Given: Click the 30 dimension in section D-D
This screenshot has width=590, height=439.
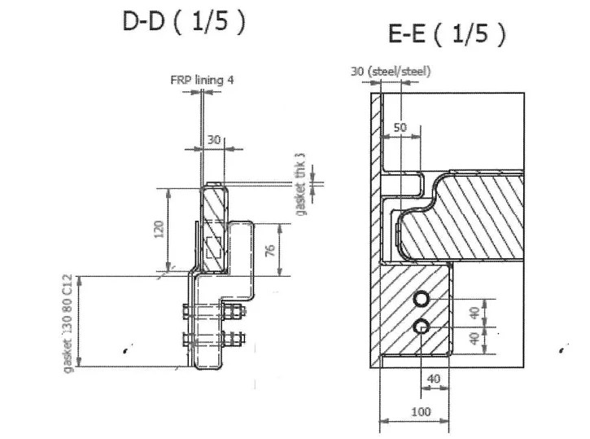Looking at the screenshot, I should (213, 140).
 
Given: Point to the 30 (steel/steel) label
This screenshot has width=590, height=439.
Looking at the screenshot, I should (391, 71).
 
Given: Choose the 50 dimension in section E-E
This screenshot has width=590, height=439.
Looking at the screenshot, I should (400, 128).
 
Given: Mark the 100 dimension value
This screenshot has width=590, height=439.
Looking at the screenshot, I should (420, 411).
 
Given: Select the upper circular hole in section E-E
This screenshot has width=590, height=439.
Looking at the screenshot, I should (421, 301).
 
